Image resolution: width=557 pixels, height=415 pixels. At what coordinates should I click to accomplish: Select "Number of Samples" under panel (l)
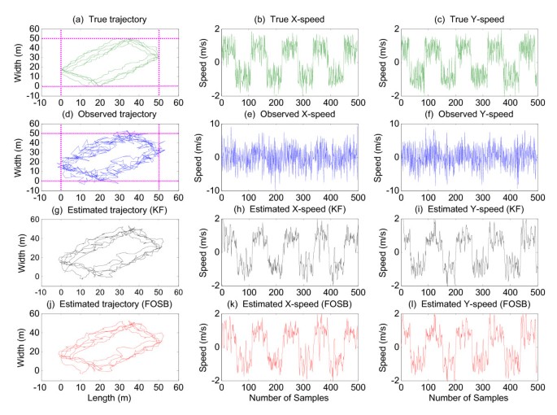470,400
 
